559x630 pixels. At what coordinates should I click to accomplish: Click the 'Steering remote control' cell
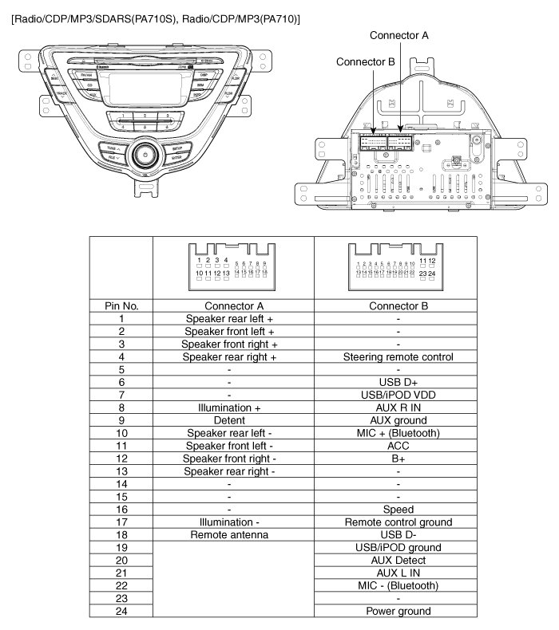tap(398, 357)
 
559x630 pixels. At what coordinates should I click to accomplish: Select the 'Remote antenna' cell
tap(229, 535)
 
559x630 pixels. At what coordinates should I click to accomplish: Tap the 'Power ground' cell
tap(398, 612)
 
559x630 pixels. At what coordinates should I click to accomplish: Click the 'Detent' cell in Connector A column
tap(229, 420)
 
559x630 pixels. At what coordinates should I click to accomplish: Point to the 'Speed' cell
tap(398, 510)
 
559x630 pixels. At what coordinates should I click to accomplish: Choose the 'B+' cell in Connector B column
tap(398, 459)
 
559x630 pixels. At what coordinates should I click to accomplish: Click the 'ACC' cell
tap(398, 446)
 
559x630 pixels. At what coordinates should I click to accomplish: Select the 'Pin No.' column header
tap(121, 305)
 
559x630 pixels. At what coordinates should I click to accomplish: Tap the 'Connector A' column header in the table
tap(229, 305)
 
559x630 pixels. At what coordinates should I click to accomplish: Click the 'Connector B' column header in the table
tap(398, 305)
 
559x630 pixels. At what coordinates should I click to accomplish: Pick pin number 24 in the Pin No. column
tap(121, 612)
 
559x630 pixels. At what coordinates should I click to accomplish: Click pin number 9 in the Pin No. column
tap(121, 420)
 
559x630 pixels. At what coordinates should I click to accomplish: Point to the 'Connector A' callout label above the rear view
tap(399, 36)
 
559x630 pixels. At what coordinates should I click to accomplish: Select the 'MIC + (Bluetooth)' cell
tap(398, 433)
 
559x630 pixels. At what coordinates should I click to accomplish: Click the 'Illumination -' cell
tap(229, 522)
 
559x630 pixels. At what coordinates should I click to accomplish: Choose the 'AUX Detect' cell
tap(398, 561)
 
